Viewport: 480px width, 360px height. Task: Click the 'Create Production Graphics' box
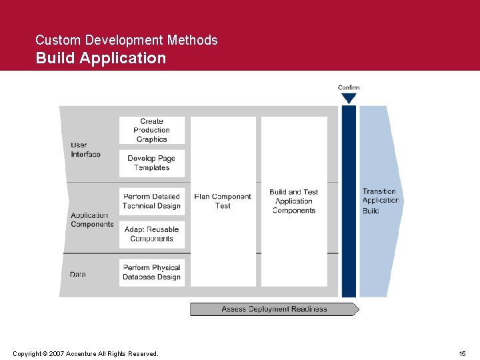coord(151,130)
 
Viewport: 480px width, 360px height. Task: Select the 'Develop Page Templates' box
coord(151,163)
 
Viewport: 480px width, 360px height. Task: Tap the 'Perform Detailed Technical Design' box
coord(151,201)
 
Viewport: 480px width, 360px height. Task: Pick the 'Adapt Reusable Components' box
coord(151,234)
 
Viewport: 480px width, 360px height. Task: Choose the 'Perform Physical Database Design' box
coord(151,272)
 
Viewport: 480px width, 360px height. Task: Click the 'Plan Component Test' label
coord(223,201)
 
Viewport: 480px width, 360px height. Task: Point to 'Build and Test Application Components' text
coord(294,201)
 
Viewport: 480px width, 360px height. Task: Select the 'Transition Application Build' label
coord(380,201)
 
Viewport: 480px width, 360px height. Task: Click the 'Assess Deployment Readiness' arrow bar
coord(274,309)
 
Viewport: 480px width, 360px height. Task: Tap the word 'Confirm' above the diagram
coord(349,87)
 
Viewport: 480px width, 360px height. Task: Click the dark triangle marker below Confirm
coord(349,99)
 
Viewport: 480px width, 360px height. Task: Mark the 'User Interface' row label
coord(85,149)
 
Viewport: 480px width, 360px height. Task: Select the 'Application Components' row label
coord(92,219)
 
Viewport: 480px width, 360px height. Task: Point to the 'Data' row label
coord(77,274)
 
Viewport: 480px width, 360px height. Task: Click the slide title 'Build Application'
coord(101,58)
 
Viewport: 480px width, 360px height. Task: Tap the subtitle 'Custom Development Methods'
coord(127,40)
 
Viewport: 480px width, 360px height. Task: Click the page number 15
coord(462,353)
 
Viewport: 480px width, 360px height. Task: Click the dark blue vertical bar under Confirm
coord(349,200)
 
